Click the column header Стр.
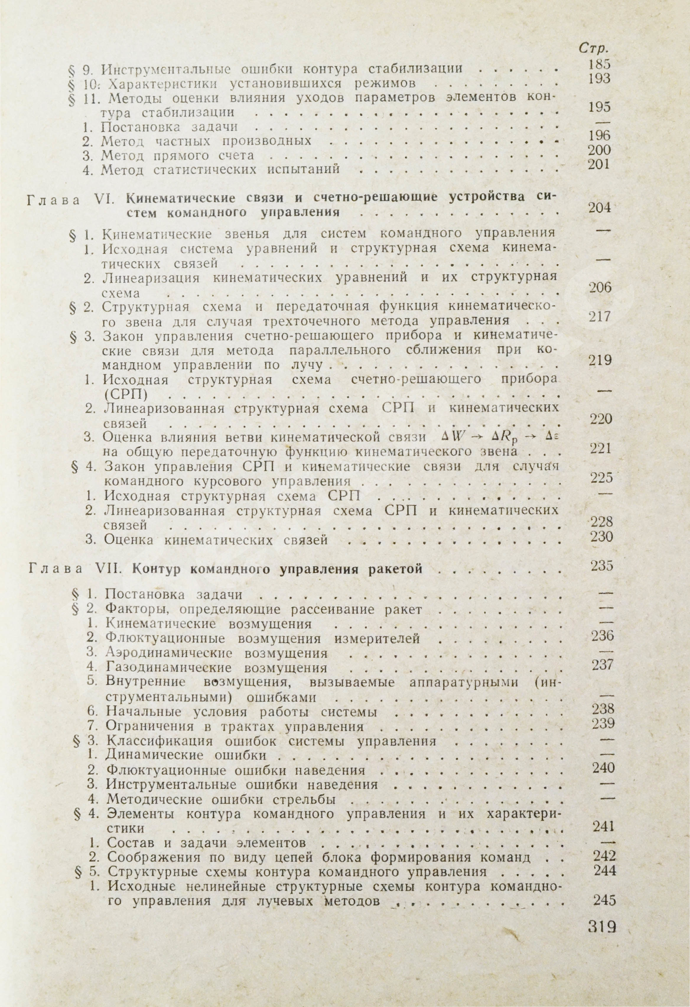pyautogui.click(x=591, y=48)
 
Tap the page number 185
pyautogui.click(x=600, y=64)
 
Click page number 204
pyautogui.click(x=600, y=207)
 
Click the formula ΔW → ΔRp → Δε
pyautogui.click(x=495, y=437)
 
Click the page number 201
pyautogui.click(x=600, y=165)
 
